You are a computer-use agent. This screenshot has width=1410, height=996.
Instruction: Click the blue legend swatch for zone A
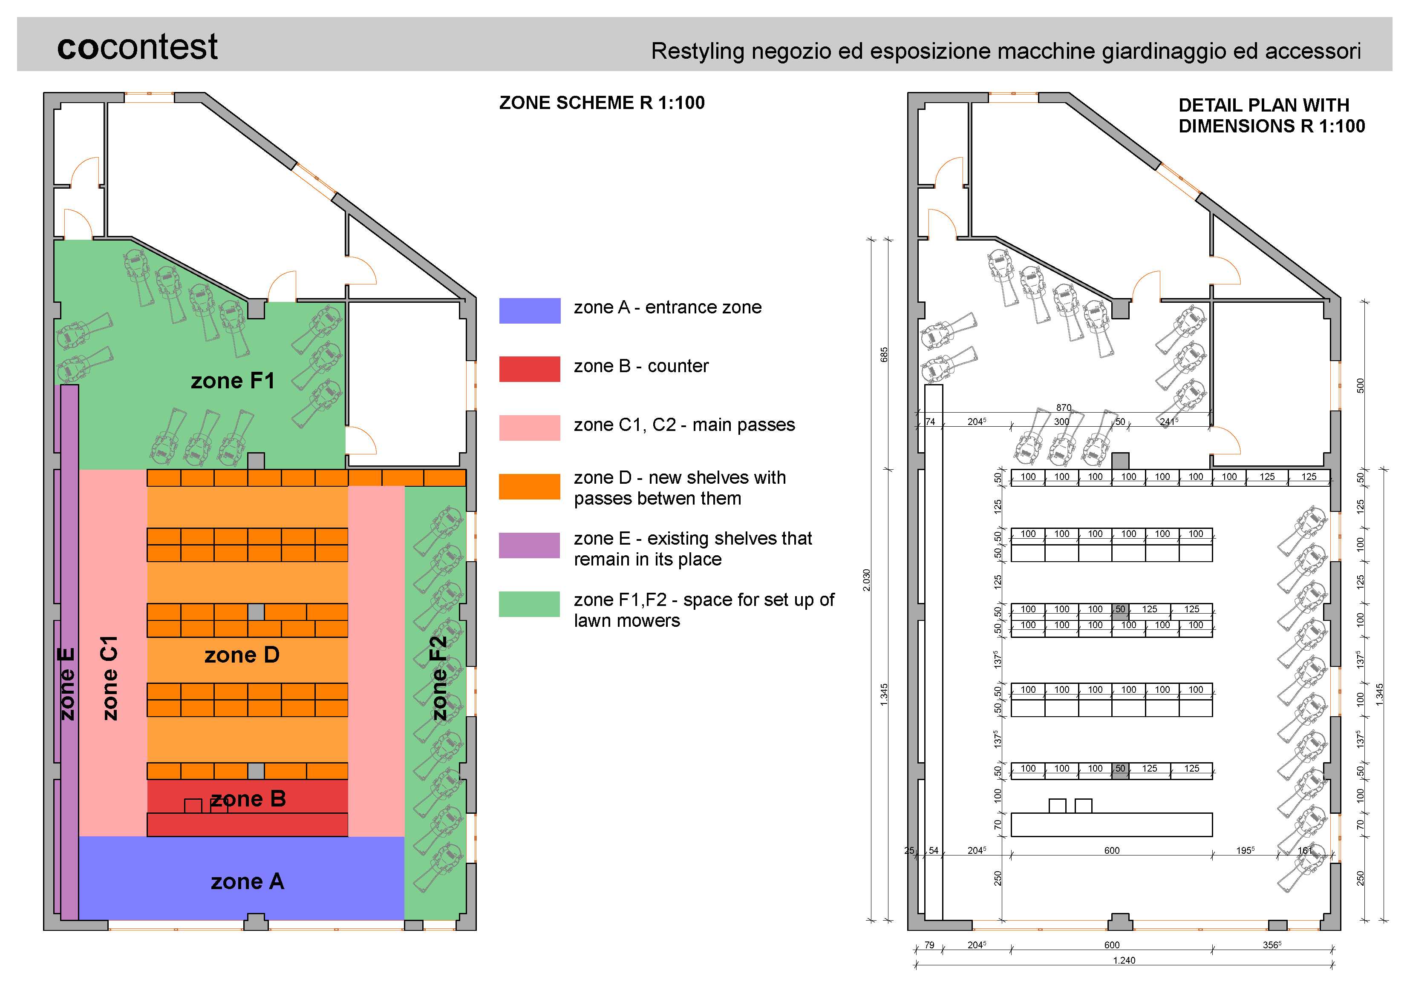(529, 310)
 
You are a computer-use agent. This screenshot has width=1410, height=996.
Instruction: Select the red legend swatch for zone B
(529, 369)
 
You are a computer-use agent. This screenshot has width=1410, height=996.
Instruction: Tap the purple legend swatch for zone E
(529, 545)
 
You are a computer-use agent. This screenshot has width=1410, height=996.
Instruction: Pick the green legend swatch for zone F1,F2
(529, 604)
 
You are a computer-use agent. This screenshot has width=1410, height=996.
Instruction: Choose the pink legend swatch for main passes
(529, 428)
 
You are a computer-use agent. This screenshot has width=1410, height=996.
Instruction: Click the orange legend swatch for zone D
(529, 487)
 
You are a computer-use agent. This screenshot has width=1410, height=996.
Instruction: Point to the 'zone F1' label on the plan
(232, 381)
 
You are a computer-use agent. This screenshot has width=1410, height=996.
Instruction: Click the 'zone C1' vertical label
(110, 678)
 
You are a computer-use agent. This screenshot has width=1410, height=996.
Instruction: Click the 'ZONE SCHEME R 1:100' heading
(601, 103)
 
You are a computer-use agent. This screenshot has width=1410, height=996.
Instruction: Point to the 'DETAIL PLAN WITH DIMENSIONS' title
(1271, 115)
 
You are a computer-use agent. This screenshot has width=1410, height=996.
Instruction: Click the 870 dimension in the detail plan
(1064, 408)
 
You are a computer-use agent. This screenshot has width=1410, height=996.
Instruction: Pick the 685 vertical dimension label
(884, 354)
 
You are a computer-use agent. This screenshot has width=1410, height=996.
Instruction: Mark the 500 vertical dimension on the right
(1360, 385)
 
